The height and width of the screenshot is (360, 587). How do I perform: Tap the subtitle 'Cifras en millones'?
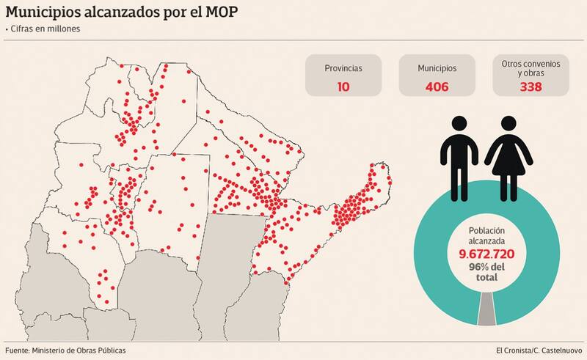(46, 29)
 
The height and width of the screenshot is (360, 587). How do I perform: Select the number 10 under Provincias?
(343, 87)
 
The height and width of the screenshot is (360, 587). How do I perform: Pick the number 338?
(531, 87)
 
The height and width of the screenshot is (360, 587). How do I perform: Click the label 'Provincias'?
(343, 68)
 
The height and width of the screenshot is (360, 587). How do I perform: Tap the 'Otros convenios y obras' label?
(531, 69)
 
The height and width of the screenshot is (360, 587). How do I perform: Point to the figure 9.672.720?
(486, 254)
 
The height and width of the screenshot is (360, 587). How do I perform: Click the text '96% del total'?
(486, 272)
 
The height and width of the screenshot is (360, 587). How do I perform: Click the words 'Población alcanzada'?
(486, 235)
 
